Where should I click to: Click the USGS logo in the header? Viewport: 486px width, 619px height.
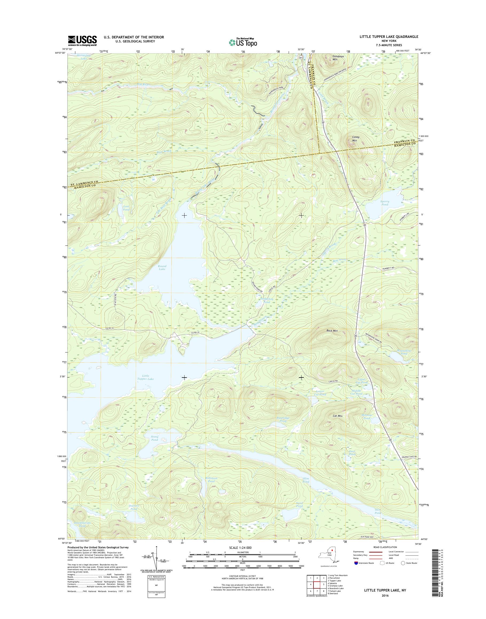pyautogui.click(x=82, y=41)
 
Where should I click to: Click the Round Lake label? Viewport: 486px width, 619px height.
pyautogui.click(x=162, y=267)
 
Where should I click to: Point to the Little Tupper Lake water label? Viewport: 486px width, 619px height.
pyautogui.click(x=146, y=377)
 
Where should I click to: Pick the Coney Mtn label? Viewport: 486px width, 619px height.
pyautogui.click(x=356, y=138)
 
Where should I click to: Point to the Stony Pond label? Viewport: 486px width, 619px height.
pyautogui.click(x=155, y=438)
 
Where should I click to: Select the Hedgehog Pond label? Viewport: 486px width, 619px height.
pyautogui.click(x=265, y=300)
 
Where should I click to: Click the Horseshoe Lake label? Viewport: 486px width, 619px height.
pyautogui.click(x=84, y=57)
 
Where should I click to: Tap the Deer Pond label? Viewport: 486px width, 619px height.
pyautogui.click(x=352, y=453)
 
